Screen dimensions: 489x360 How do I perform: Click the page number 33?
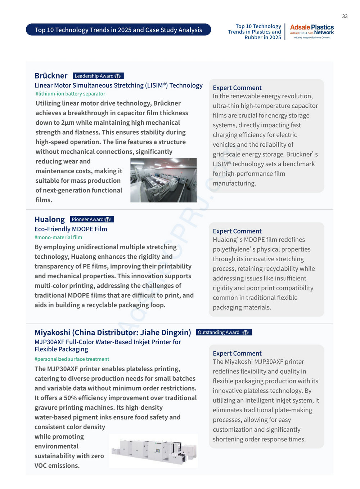click(x=345, y=16)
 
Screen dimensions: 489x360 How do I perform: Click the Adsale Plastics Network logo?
click(x=312, y=32)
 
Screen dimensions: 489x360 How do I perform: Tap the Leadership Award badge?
click(x=98, y=76)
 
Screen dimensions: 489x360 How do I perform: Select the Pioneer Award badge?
click(x=91, y=219)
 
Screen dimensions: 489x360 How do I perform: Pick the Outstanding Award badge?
click(x=224, y=332)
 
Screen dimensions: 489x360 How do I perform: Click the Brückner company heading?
click(x=51, y=76)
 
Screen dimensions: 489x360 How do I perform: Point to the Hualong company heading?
click(x=49, y=219)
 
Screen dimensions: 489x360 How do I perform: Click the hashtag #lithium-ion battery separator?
click(x=70, y=94)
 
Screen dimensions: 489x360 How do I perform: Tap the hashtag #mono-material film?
click(x=58, y=237)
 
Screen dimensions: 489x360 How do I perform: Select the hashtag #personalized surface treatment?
click(x=72, y=359)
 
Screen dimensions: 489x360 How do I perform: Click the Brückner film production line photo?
click(x=163, y=180)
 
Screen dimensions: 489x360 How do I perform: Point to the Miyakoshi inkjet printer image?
click(x=153, y=451)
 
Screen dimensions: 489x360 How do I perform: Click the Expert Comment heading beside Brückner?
click(x=237, y=88)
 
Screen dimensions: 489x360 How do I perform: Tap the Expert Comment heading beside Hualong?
click(x=237, y=231)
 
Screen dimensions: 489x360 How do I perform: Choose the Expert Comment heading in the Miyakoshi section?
click(x=237, y=354)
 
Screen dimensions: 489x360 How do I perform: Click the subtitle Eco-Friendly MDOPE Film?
click(x=71, y=229)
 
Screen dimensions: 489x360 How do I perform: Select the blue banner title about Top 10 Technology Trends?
click(x=118, y=30)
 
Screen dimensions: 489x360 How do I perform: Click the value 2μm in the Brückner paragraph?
click(x=68, y=123)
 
